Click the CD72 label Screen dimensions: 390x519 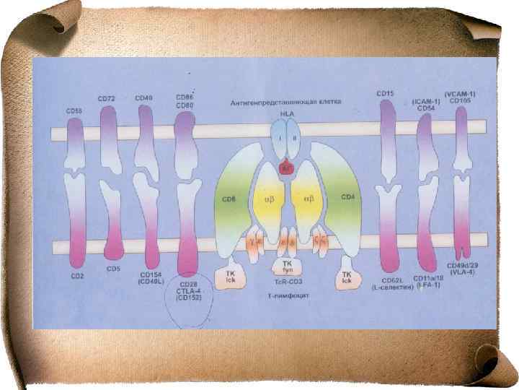point(107,97)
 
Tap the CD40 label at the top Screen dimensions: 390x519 point(143,97)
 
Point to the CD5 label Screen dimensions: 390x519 point(112,269)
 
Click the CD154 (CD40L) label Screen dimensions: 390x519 point(150,279)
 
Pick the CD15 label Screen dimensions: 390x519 point(385,93)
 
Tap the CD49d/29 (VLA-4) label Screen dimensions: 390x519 point(465,271)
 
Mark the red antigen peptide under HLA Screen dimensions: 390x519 point(286,167)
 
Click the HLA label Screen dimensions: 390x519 point(287,116)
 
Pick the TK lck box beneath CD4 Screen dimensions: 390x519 point(347,277)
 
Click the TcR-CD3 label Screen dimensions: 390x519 point(287,282)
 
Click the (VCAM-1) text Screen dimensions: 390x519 point(460,94)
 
